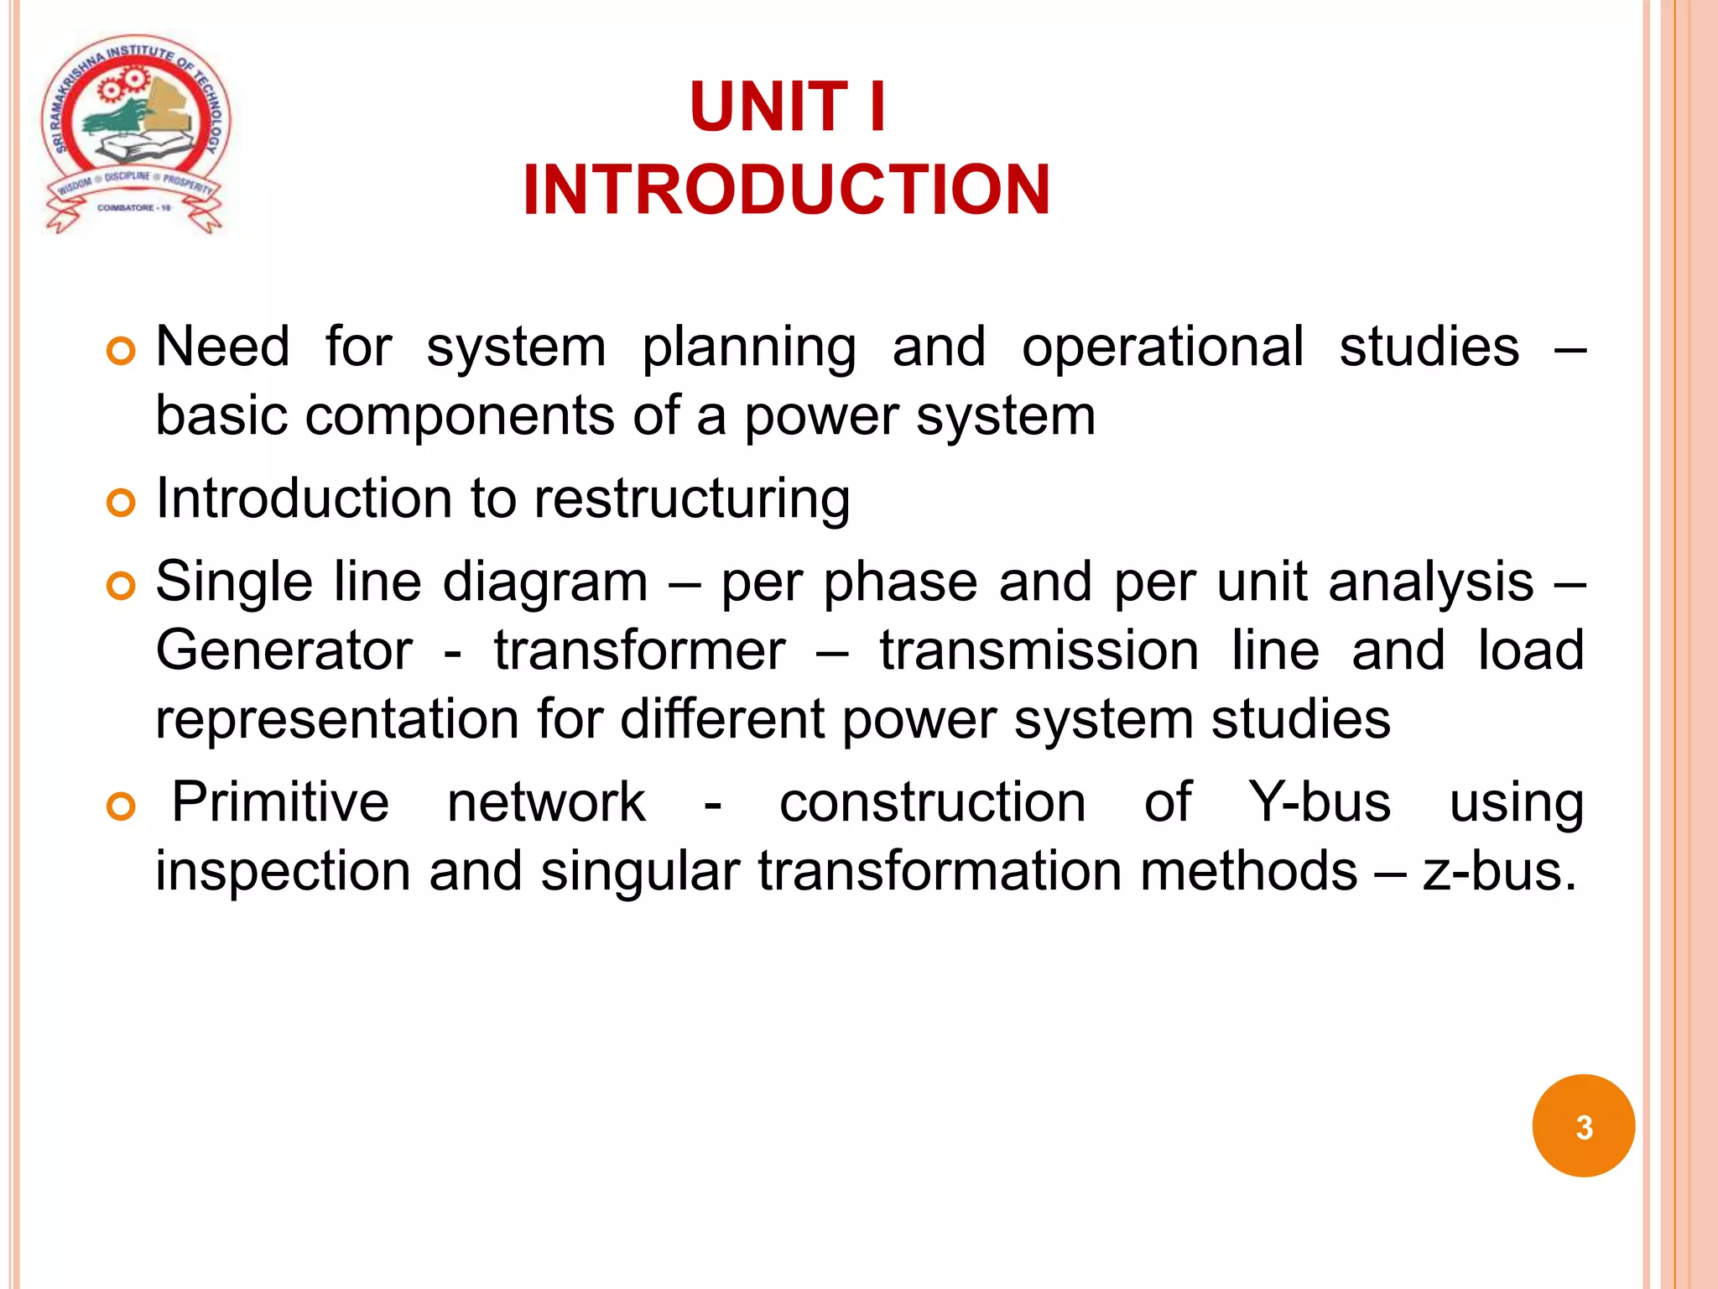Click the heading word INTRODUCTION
click(786, 190)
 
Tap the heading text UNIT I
click(787, 107)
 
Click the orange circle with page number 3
click(1583, 1126)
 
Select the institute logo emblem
click(135, 134)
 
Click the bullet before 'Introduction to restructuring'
click(122, 504)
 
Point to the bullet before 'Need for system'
click(122, 352)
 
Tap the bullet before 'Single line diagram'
click(122, 587)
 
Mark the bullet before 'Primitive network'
click(122, 807)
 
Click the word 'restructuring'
click(692, 499)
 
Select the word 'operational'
click(1163, 347)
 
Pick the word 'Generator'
click(284, 651)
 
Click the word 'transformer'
click(640, 651)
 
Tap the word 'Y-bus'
click(1320, 802)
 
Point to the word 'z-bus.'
click(1500, 871)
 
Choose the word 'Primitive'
click(280, 802)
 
